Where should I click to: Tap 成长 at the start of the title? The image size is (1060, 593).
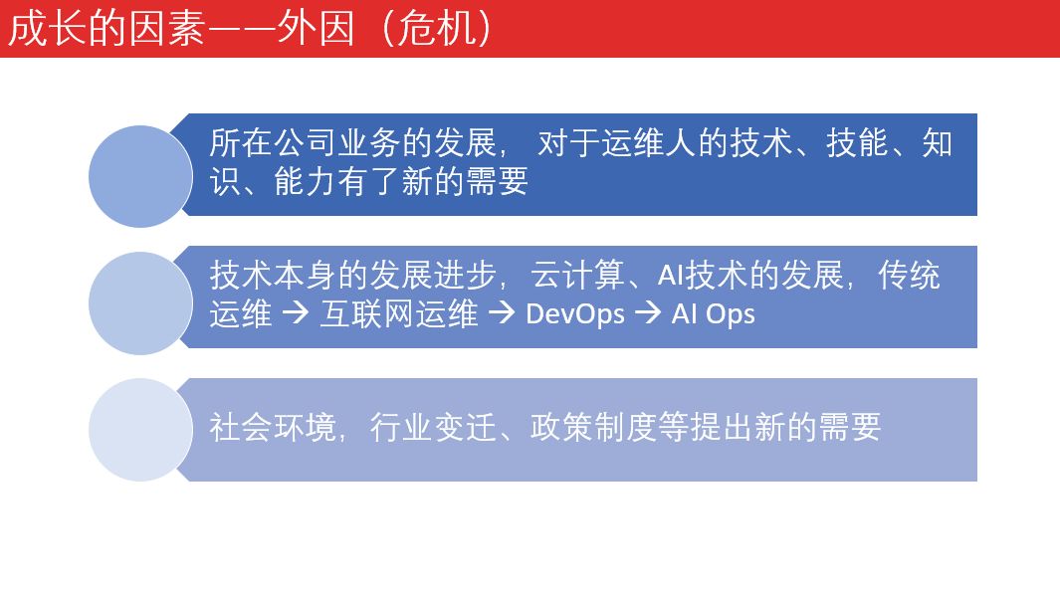(x=47, y=29)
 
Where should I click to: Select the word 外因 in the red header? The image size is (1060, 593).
(x=316, y=29)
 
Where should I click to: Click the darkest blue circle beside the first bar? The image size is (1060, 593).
(x=140, y=176)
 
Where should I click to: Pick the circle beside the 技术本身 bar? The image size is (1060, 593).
(x=140, y=302)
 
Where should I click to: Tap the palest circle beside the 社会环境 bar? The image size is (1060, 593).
(x=140, y=430)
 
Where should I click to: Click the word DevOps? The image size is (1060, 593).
(x=575, y=314)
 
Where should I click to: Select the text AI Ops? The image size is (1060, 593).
(x=714, y=314)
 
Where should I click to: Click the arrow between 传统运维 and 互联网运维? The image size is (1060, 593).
(x=296, y=313)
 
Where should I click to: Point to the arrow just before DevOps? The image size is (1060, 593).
(x=502, y=313)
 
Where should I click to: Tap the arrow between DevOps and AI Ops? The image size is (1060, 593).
(x=648, y=313)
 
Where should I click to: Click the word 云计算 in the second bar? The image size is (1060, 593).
(x=577, y=276)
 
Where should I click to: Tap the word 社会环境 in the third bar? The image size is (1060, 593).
(x=273, y=428)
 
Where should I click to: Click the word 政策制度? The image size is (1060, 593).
(x=593, y=428)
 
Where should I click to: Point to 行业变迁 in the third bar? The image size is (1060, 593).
(x=433, y=428)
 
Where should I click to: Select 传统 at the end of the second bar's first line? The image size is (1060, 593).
(x=909, y=276)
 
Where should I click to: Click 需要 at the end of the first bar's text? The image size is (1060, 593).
(x=497, y=181)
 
